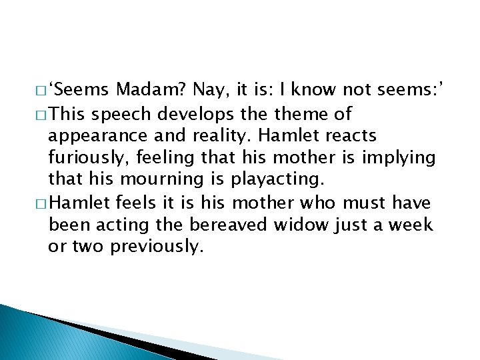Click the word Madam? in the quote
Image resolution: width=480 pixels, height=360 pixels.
(x=151, y=91)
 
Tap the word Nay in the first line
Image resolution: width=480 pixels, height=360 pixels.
(x=209, y=91)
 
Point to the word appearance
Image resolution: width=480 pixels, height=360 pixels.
(x=97, y=136)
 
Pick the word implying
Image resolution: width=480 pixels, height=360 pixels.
(x=403, y=158)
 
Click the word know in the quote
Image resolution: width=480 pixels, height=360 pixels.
(x=313, y=91)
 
